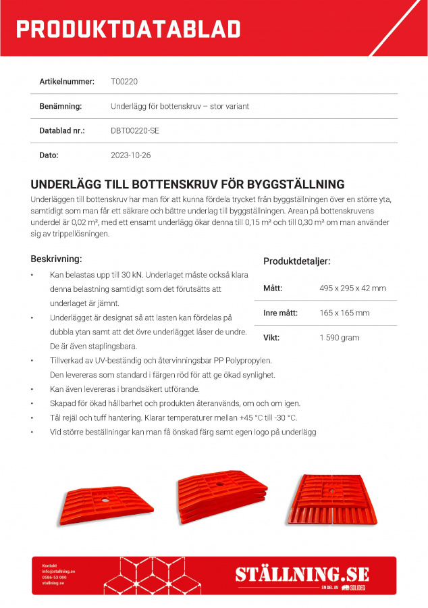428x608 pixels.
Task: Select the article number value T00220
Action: (x=124, y=82)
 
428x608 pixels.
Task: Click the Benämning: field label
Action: (x=61, y=106)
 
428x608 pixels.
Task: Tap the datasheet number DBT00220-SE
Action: (x=135, y=130)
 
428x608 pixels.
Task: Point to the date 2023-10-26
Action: (x=131, y=155)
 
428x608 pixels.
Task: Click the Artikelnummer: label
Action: (x=67, y=82)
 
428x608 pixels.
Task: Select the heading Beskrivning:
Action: (x=57, y=259)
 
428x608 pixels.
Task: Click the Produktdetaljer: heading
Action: (x=296, y=261)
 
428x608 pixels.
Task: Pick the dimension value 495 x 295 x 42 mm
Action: (x=352, y=288)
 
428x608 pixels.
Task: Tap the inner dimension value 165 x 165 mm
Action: (x=344, y=313)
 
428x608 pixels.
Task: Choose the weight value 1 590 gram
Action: (x=340, y=337)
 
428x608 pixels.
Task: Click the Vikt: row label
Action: (x=271, y=337)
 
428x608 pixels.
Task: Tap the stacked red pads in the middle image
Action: (x=217, y=499)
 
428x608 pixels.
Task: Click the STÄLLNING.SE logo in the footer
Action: (x=302, y=574)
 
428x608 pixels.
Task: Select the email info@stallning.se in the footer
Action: (x=58, y=572)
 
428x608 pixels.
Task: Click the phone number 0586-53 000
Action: (x=54, y=578)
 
